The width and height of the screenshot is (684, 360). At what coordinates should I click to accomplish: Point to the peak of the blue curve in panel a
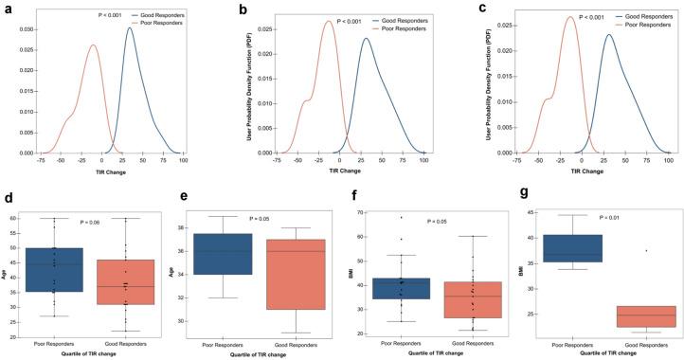click(130, 28)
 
